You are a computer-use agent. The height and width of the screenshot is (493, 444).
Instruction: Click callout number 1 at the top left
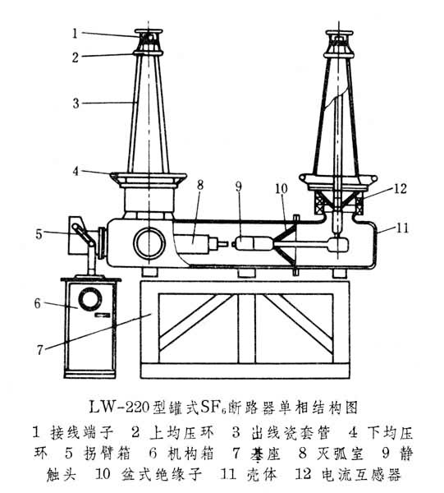pyautogui.click(x=75, y=34)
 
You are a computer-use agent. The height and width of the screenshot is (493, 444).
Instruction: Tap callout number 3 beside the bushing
pyautogui.click(x=76, y=104)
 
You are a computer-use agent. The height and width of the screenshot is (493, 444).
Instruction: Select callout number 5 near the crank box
pyautogui.click(x=39, y=234)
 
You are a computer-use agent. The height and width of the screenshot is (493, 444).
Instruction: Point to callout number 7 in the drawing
pyautogui.click(x=39, y=350)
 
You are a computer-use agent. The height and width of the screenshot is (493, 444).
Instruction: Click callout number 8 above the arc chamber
pyautogui.click(x=200, y=185)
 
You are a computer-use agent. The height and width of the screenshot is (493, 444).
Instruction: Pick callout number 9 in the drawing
pyautogui.click(x=239, y=187)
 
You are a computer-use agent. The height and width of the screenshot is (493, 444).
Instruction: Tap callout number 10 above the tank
pyautogui.click(x=281, y=189)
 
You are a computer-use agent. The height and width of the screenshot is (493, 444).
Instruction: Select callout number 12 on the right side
pyautogui.click(x=400, y=189)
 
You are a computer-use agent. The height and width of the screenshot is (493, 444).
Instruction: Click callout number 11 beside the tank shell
pyautogui.click(x=402, y=228)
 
